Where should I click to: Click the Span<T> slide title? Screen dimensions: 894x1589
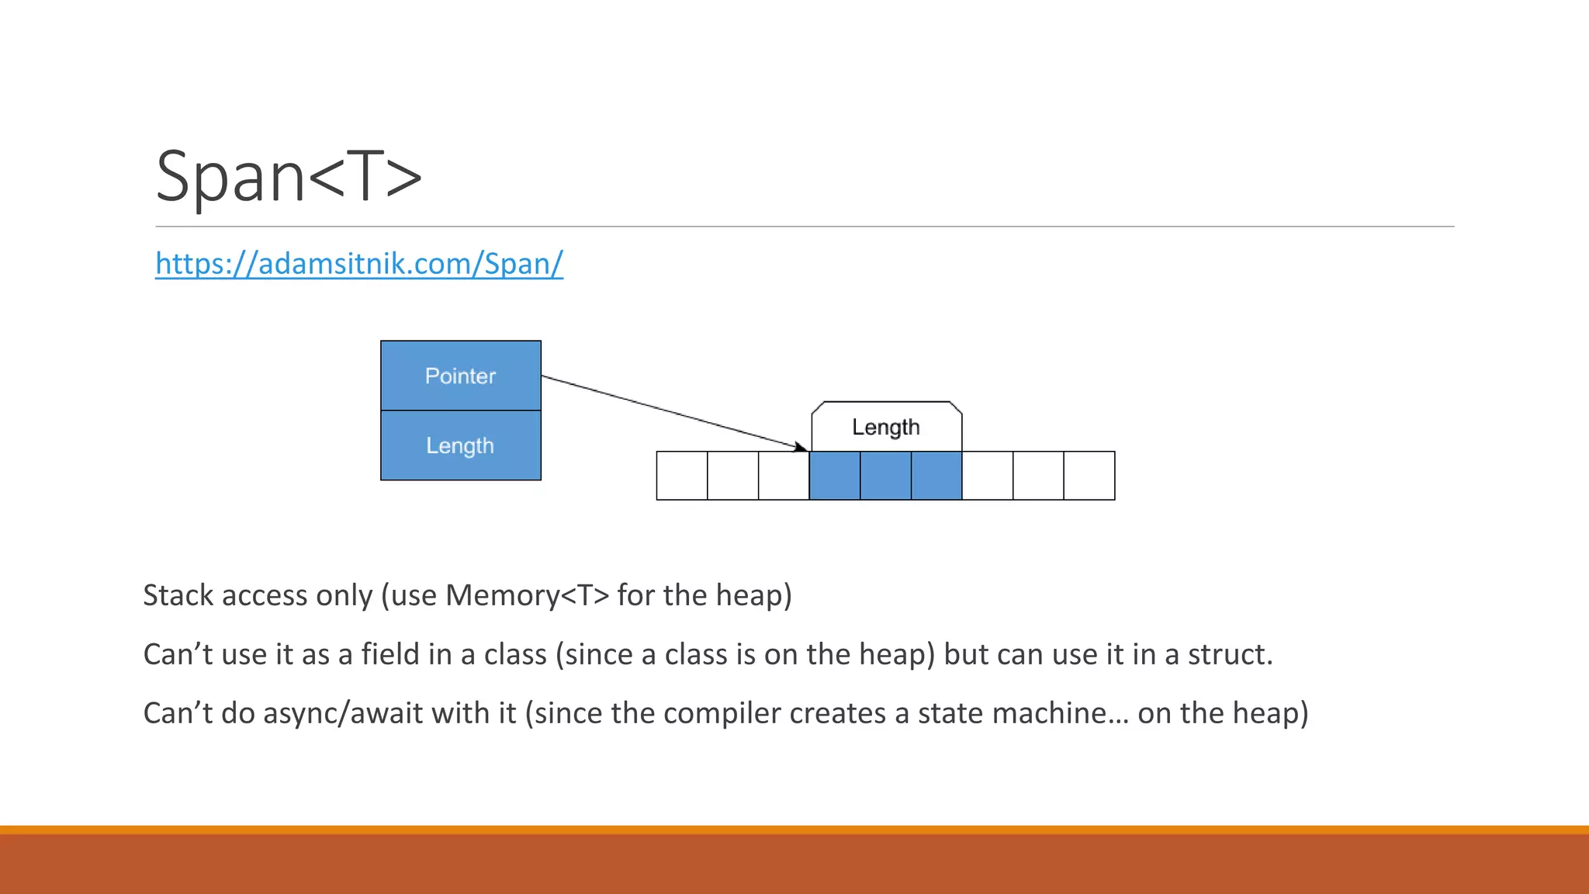click(x=289, y=177)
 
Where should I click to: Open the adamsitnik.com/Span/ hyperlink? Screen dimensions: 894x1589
click(x=358, y=264)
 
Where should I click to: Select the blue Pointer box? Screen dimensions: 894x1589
click(x=460, y=376)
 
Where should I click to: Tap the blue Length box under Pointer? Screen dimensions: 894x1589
click(x=460, y=445)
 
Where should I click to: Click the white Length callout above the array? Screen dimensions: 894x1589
click(x=886, y=427)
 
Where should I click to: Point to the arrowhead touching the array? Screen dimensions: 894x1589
click(x=801, y=447)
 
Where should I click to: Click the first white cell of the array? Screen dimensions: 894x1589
click(x=682, y=476)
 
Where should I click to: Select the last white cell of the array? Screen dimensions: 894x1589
click(x=1089, y=476)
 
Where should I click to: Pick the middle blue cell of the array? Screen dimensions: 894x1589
click(x=885, y=476)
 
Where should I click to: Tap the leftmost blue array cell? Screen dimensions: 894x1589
click(x=835, y=476)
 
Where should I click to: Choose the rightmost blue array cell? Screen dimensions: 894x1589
click(x=936, y=476)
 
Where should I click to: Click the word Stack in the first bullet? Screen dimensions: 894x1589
click(x=178, y=596)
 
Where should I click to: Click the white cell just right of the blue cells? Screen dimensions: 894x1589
click(x=988, y=476)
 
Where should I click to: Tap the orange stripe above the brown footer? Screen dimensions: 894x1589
click(x=794, y=830)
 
